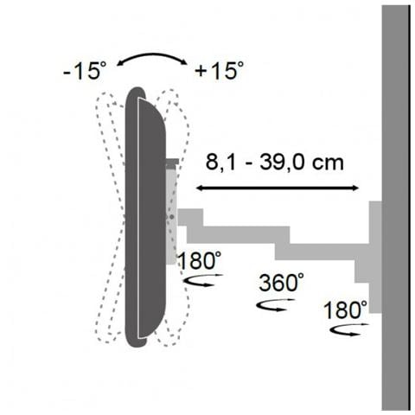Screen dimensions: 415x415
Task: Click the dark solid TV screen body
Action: [143, 216]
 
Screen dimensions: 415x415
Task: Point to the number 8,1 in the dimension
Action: [217, 162]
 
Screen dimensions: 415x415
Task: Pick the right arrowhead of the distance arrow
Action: [356, 188]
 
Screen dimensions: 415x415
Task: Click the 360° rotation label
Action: [282, 283]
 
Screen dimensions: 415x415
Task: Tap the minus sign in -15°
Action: [67, 73]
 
